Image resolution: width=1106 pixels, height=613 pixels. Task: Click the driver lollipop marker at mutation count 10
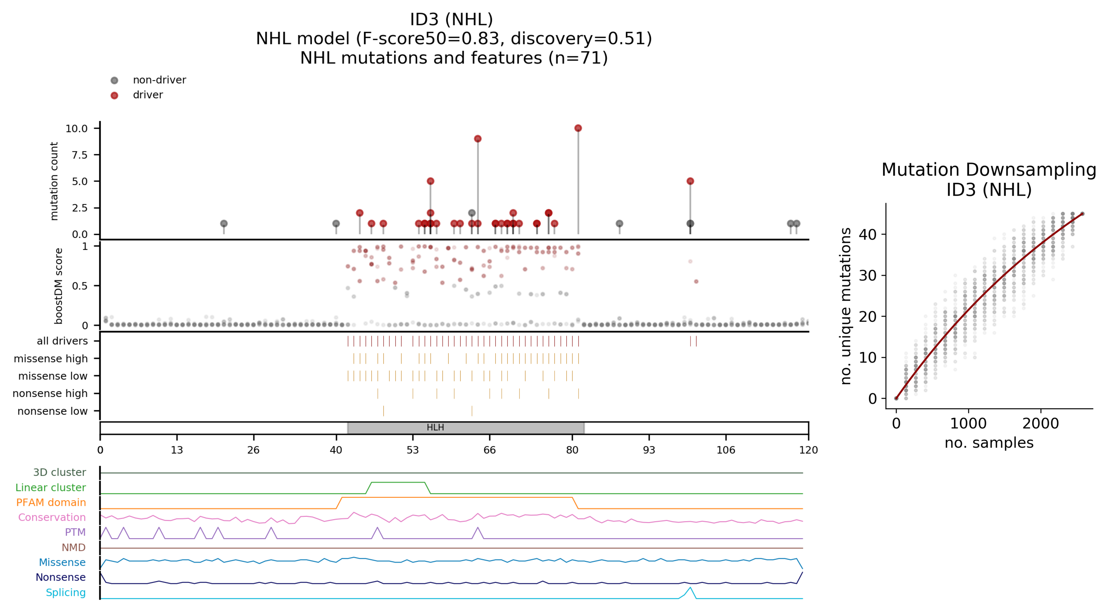point(578,128)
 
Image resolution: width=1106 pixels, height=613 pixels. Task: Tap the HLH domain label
point(435,428)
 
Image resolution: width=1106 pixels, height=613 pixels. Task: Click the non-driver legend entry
point(159,80)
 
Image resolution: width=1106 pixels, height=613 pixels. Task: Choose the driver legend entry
point(148,95)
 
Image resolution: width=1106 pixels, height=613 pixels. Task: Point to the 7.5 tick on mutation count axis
point(80,155)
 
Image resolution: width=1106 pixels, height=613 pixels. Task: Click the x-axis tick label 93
point(649,450)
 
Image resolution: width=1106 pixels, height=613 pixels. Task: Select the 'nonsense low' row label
point(52,411)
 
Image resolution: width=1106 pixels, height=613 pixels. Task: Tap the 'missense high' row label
point(51,358)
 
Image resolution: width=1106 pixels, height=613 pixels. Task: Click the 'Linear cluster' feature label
point(51,488)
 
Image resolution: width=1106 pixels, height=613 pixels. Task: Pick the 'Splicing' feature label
point(66,593)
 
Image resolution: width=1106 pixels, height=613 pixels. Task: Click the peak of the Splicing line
point(690,588)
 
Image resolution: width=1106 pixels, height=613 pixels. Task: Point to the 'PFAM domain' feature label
point(51,503)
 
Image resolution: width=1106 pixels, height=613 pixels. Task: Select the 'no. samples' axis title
point(989,442)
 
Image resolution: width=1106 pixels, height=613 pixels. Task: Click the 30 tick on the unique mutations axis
point(867,276)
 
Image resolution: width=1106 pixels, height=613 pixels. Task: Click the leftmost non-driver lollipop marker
point(224,224)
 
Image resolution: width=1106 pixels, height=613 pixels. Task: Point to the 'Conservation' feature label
point(52,518)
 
